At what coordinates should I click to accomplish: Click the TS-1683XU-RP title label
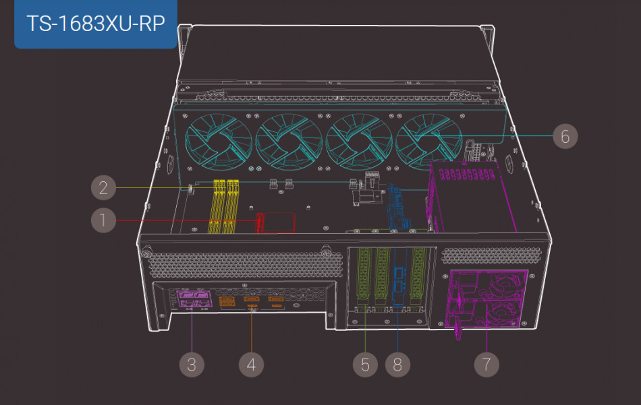click(x=96, y=23)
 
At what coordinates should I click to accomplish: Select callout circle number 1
click(x=103, y=220)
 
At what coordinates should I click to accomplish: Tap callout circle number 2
click(x=103, y=187)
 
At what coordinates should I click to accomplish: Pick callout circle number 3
click(x=192, y=365)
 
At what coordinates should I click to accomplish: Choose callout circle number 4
click(x=251, y=365)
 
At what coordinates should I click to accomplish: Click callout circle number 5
click(x=365, y=365)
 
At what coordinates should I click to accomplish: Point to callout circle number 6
click(x=565, y=136)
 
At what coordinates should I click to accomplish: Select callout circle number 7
click(x=486, y=365)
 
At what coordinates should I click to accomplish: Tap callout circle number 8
click(x=397, y=365)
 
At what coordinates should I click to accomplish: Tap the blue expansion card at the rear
click(x=397, y=283)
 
